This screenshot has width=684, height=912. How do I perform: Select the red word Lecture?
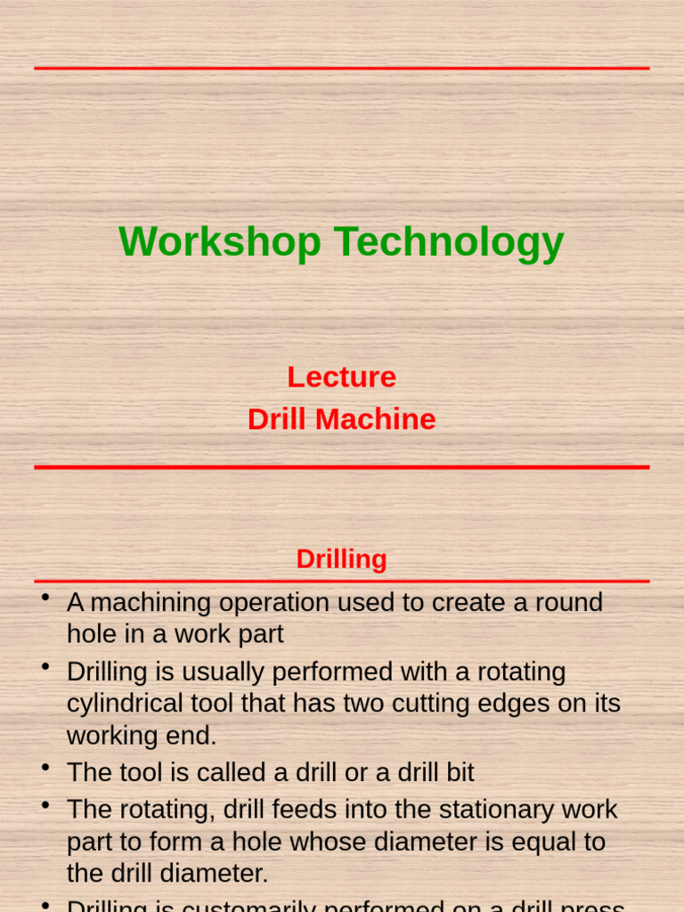coord(341,377)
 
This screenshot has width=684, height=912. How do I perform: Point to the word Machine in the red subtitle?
coord(383,419)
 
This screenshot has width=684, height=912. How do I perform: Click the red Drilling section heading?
coord(341,559)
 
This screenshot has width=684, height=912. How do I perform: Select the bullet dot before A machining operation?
coord(44,597)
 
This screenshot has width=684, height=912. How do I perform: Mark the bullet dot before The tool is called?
coord(44,766)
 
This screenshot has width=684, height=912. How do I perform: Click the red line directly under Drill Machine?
coord(341,467)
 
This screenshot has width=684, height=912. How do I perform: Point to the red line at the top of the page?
coord(341,68)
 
